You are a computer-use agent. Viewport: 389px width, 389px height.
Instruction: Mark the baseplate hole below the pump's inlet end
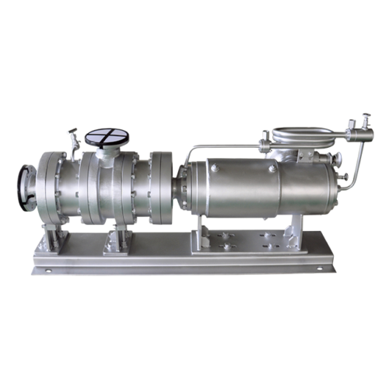coord(48,271)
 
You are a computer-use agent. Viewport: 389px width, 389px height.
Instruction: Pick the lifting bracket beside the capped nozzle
coord(74,140)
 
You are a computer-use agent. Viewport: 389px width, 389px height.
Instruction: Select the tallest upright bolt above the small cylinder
coord(366,121)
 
